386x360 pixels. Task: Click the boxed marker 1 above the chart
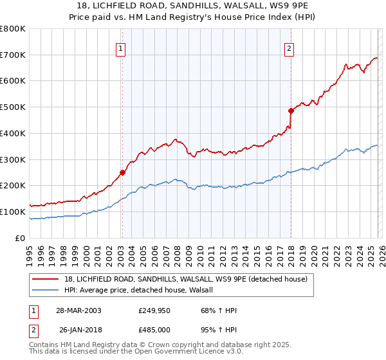coord(122,47)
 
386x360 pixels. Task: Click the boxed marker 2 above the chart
coord(289,47)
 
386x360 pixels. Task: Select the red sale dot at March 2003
coord(122,172)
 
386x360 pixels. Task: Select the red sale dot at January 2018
coord(291,111)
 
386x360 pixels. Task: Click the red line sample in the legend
coord(46,278)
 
